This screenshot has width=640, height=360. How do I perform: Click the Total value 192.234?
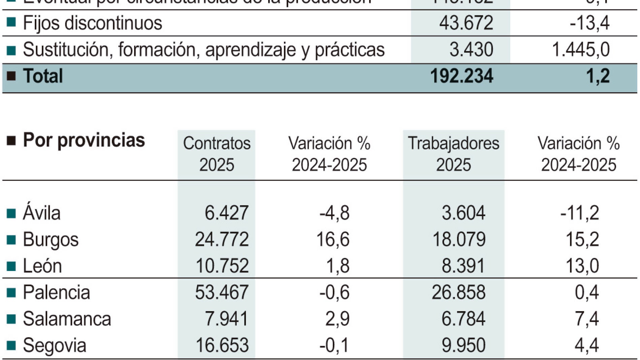tap(461, 76)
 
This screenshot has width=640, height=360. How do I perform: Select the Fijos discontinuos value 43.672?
tap(466, 23)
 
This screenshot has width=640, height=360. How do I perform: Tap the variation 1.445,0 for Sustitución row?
tap(581, 50)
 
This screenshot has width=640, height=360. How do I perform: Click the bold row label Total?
tap(43, 76)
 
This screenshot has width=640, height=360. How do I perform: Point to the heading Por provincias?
tap(84, 140)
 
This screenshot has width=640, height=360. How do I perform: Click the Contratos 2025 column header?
tap(217, 154)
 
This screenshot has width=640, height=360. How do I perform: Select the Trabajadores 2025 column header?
tap(453, 154)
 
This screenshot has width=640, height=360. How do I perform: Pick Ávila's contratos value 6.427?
tap(226, 213)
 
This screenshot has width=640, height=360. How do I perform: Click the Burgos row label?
tap(51, 240)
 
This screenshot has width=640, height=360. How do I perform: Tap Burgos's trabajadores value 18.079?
tap(459, 240)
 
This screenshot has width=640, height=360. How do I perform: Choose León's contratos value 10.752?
tap(222, 266)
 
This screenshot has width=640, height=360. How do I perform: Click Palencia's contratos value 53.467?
tap(222, 292)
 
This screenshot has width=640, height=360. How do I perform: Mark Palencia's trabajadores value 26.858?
tap(458, 292)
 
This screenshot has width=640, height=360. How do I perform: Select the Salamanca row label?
tap(67, 319)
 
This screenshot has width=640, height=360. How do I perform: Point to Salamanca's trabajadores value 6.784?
tap(463, 319)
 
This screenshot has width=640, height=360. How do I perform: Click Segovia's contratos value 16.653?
tap(222, 345)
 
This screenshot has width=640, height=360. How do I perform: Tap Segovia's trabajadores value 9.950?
tap(463, 345)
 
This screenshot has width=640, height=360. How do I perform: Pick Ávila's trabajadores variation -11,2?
tap(579, 213)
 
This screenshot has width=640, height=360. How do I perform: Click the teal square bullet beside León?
tap(11, 266)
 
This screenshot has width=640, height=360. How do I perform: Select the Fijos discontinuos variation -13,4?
tap(589, 23)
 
